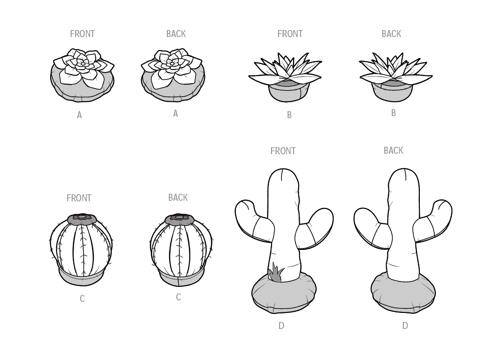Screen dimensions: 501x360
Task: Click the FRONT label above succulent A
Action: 83,34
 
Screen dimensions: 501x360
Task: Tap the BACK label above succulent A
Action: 176,34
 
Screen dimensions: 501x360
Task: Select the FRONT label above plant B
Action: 290,34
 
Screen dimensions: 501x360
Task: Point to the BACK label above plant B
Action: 391,34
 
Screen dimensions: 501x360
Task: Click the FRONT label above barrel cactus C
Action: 79,198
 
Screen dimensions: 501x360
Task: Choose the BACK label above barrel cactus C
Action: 178,197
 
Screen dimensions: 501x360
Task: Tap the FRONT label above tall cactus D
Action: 283,151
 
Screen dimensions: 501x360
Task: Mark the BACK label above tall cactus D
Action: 393,150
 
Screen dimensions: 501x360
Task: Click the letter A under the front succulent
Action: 79,115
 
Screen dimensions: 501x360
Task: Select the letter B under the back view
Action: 393,113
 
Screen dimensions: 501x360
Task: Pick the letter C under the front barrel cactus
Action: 82,299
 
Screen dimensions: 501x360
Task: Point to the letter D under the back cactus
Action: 405,326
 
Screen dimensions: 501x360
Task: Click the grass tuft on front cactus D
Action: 276,274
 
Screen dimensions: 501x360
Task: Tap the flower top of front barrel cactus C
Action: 82,219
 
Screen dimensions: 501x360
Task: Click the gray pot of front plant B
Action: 286,92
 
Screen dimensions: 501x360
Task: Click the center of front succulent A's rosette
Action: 83,64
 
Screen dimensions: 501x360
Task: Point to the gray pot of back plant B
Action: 392,91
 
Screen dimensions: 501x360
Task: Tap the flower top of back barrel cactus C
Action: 179,219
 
